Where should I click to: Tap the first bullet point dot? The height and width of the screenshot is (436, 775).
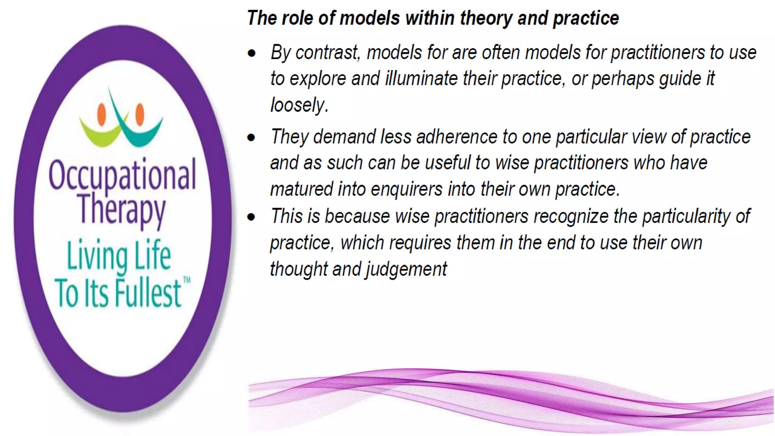click(252, 53)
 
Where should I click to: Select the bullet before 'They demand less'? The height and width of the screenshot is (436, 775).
click(252, 137)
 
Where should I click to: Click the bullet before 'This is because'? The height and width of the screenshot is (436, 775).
click(252, 217)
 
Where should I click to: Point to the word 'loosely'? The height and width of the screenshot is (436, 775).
click(298, 105)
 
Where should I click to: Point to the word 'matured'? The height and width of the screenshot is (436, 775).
click(301, 189)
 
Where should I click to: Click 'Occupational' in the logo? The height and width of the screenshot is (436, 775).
click(122, 175)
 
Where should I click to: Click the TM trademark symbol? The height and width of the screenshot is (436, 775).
click(187, 280)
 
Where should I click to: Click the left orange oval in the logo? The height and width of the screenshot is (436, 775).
click(101, 114)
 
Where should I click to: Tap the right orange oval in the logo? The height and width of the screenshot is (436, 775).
click(140, 114)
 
